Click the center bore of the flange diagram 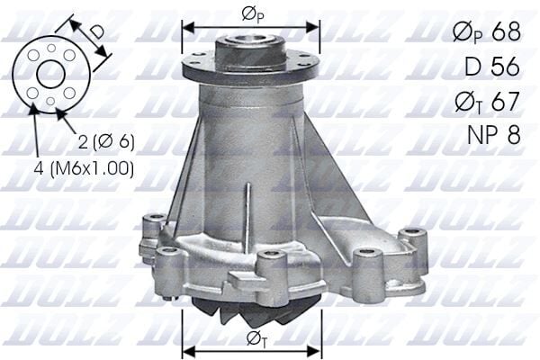[x=49, y=75]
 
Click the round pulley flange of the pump [x=251, y=66]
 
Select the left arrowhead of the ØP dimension [x=187, y=25]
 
